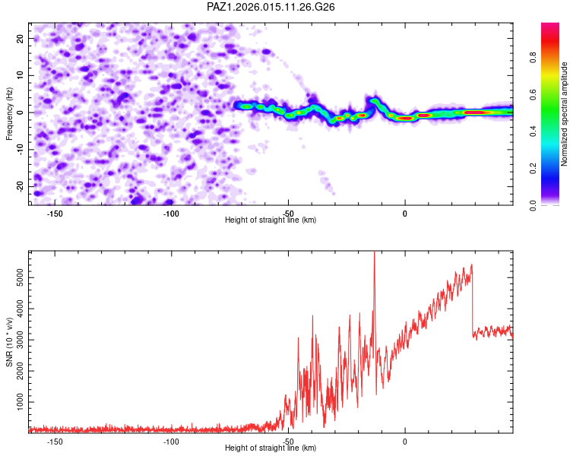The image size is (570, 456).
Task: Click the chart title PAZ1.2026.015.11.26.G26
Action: point(271,7)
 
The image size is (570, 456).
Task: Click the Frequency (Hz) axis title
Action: point(9,113)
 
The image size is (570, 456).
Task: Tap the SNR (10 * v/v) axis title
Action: point(9,341)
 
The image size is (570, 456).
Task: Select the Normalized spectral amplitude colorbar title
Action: point(565,114)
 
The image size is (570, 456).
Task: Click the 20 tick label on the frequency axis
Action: point(21,38)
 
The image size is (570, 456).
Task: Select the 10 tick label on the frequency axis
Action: point(21,75)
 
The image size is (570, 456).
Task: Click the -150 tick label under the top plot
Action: point(55,213)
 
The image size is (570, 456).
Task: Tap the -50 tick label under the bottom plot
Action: point(288,441)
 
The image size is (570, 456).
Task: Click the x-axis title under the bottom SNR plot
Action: point(271,448)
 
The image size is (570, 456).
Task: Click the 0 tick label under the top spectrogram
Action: point(405,213)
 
